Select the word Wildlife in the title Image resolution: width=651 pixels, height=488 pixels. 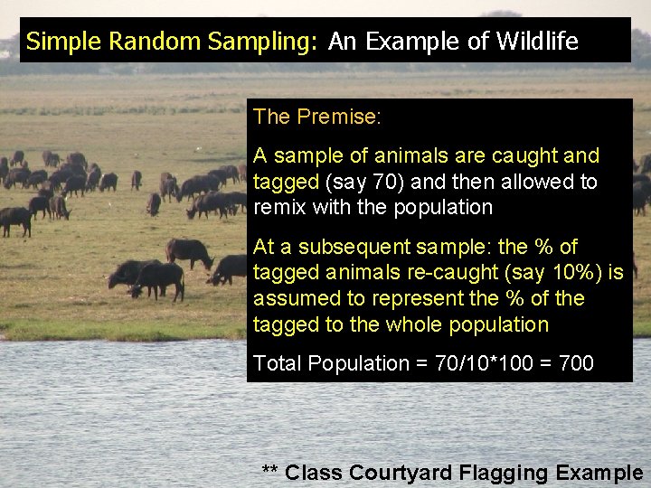pos(537,41)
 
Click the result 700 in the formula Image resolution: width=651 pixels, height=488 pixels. pos(577,363)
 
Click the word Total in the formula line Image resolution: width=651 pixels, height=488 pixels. pos(277,363)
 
